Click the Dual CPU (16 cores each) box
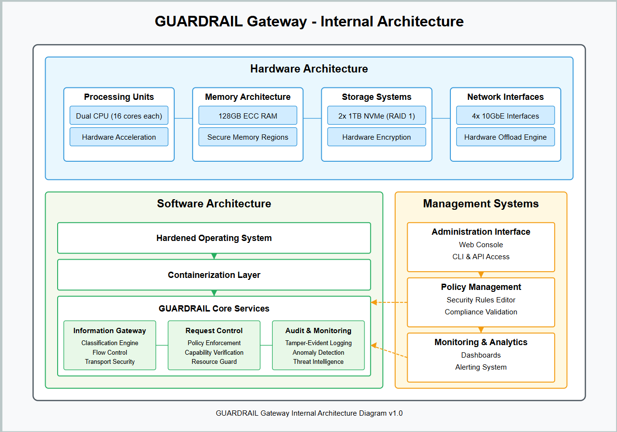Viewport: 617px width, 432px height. tap(119, 116)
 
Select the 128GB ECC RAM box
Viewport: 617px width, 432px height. tap(248, 116)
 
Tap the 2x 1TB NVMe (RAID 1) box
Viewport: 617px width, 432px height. tap(376, 116)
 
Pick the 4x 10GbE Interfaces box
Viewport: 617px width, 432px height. tap(505, 116)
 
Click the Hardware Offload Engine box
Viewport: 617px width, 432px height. tap(505, 137)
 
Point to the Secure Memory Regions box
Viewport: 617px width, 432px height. tap(248, 137)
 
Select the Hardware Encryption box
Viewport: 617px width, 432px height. tap(376, 137)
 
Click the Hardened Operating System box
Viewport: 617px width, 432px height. tap(214, 238)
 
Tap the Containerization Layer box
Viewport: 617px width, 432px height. tap(214, 275)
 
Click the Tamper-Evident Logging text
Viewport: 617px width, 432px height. tap(318, 343)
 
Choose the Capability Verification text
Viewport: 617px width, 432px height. tap(214, 352)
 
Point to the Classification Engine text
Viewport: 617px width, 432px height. tap(110, 343)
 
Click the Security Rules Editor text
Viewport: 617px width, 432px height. tap(481, 300)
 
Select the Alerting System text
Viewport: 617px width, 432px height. tap(481, 367)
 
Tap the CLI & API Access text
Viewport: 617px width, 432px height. tap(481, 257)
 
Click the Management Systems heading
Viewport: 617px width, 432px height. tap(481, 204)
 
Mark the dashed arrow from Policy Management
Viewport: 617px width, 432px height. tap(389, 302)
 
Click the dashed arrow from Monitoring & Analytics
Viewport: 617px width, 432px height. tap(389, 351)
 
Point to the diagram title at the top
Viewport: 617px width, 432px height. tap(309, 22)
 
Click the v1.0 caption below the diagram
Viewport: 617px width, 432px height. tap(309, 413)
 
